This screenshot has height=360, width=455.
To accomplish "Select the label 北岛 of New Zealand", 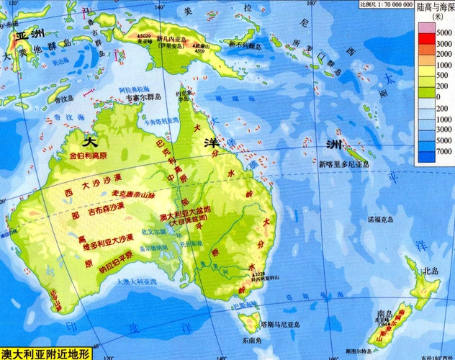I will (431, 271).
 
